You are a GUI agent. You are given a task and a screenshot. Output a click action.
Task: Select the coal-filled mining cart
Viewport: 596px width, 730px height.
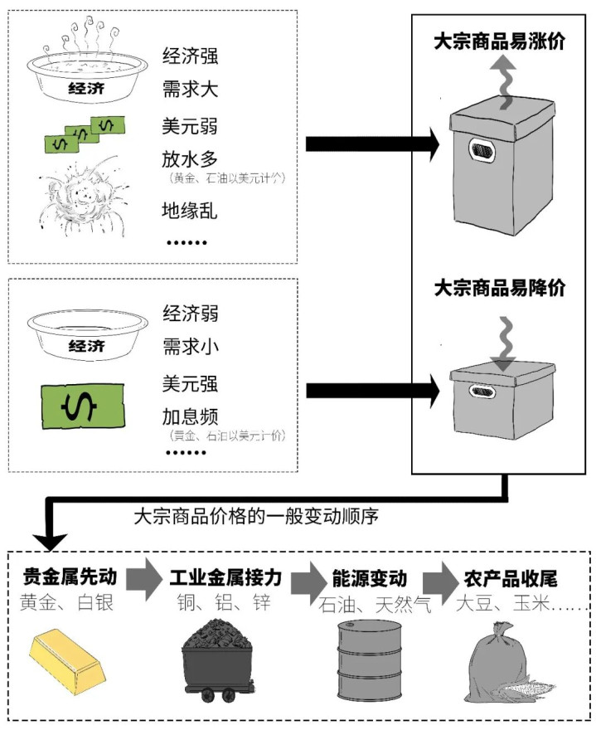coord(220,659)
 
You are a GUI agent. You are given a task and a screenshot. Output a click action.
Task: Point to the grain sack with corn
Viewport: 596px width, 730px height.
coord(506,664)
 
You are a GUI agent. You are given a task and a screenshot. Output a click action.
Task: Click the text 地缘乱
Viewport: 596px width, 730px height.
coord(190,211)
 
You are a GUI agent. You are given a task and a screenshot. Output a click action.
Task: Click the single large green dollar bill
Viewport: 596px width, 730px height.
coord(81,408)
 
